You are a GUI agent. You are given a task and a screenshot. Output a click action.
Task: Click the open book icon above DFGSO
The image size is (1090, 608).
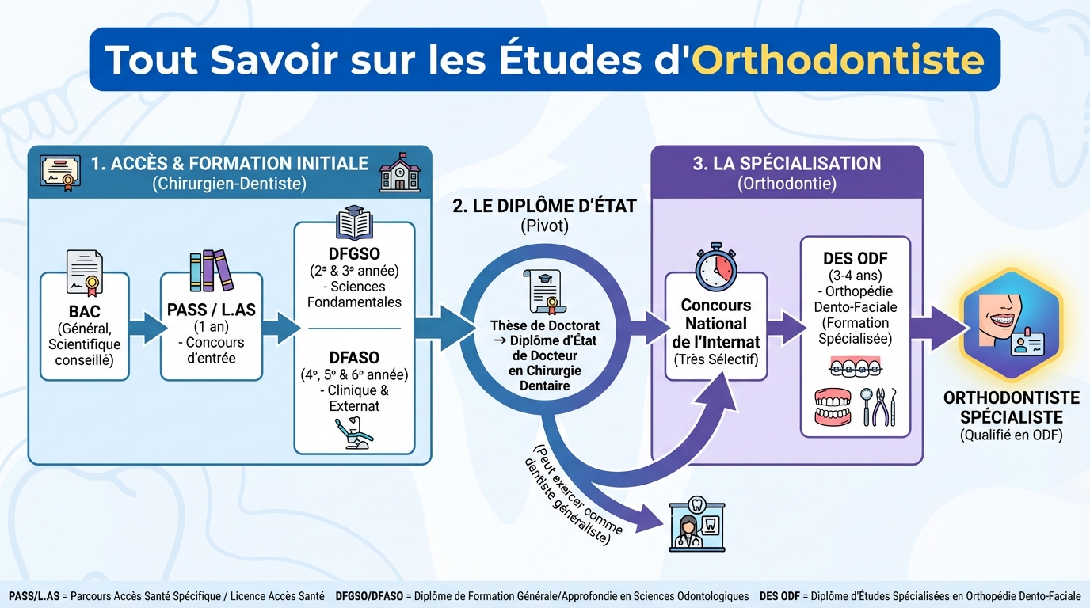click(353, 222)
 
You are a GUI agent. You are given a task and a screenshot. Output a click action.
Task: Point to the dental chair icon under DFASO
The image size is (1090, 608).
click(353, 434)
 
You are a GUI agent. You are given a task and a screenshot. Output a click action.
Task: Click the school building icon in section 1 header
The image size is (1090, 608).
click(400, 173)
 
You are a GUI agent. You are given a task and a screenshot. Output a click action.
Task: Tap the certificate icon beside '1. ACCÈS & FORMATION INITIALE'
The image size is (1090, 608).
click(62, 173)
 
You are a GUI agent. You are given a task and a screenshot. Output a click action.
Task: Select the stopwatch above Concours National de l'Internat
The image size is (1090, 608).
click(715, 268)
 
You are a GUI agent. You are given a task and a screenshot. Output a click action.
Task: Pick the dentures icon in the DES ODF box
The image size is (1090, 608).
click(833, 407)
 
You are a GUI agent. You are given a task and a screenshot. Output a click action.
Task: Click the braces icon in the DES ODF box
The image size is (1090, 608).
click(856, 368)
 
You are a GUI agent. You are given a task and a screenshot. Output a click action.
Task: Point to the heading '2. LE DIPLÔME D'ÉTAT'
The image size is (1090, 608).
click(544, 207)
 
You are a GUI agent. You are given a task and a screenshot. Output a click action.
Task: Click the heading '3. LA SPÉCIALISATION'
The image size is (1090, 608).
click(787, 164)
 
